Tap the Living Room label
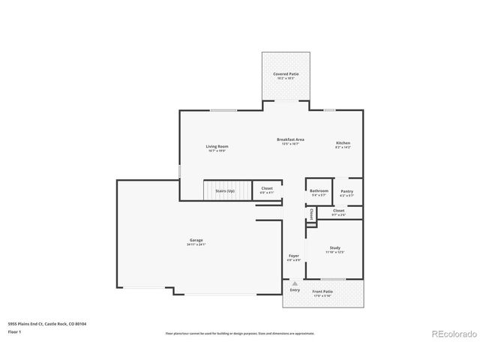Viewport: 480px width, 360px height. point(217,146)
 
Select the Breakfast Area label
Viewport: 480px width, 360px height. point(289,139)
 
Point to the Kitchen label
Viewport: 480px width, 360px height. point(343,142)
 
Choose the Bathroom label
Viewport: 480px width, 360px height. point(319,191)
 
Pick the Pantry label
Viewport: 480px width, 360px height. point(346,191)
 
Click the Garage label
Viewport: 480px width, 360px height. point(196,241)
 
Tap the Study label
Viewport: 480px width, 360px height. point(334,248)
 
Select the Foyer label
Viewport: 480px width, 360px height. point(294,256)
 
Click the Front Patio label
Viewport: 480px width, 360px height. point(322,291)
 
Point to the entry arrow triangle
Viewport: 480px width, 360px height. point(294,284)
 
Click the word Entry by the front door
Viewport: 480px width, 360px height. point(294,291)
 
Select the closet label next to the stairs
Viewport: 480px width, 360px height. point(266,189)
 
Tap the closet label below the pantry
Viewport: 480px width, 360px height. point(339,211)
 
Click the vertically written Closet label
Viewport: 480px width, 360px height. point(311,213)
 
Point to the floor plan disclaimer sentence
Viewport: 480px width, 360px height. point(239,333)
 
